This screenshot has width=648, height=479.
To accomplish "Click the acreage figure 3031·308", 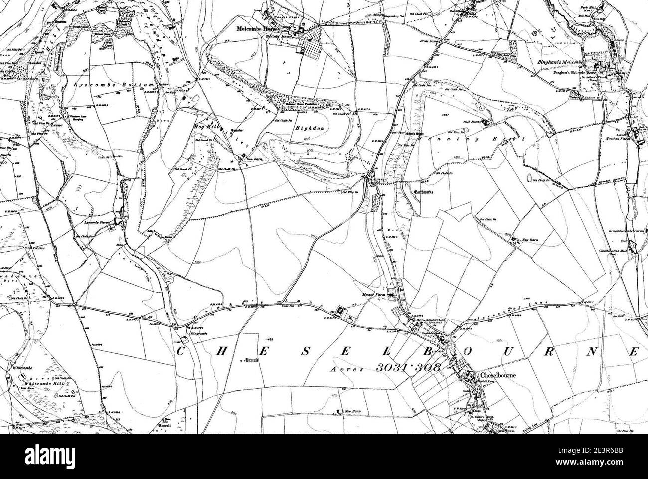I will pos(408,368).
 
